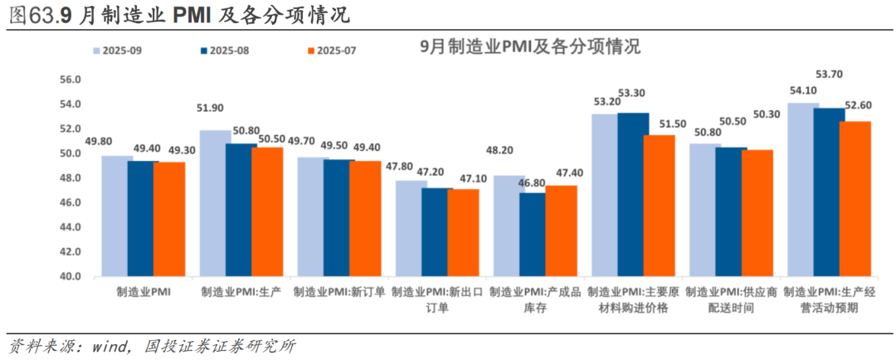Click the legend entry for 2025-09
117,51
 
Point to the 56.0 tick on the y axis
70,80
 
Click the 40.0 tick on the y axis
70,276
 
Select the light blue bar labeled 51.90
215,203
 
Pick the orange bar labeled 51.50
659,206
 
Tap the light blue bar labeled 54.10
803,190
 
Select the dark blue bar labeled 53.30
633,194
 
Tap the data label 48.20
508,151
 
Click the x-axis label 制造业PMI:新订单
340,292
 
